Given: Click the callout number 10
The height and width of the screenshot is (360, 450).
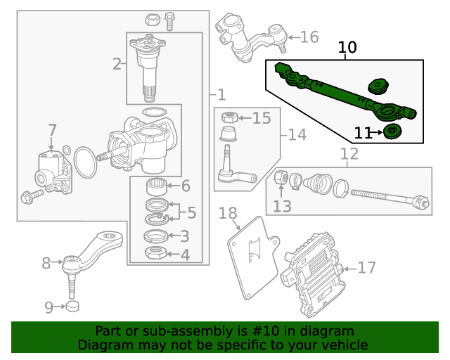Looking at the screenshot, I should [347, 48].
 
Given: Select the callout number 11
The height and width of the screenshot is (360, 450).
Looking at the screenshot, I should [363, 132].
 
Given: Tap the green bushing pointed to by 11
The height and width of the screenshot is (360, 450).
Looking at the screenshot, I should [392, 131].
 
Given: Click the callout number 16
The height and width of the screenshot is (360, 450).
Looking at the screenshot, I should [309, 37].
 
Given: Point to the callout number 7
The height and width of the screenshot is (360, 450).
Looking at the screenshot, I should [52, 130].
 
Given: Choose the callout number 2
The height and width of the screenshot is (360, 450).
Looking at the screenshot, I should [117, 65].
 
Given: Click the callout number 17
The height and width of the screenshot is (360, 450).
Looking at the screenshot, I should [367, 268].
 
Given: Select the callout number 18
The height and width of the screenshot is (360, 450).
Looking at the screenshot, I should [228, 214].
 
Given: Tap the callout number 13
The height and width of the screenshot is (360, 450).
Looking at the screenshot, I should [282, 205].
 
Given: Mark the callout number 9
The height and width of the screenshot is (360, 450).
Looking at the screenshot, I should [49, 307].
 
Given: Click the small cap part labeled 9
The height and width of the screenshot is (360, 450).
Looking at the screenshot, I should [72, 307].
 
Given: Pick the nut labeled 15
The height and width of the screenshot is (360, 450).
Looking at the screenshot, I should [228, 117].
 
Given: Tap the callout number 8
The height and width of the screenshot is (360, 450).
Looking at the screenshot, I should [46, 264].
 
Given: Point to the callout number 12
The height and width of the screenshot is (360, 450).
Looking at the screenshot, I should [349, 154].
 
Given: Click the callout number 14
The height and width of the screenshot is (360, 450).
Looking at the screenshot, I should [297, 134].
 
